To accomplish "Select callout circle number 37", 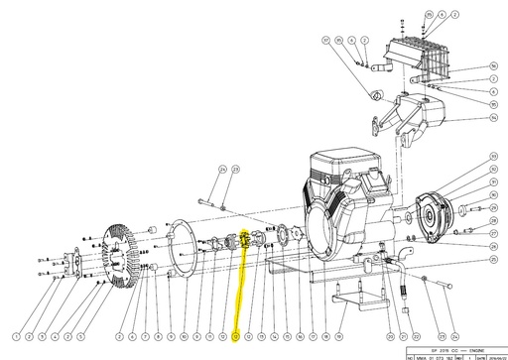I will pyautogui.click(x=324, y=42).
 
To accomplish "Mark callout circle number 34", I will pyautogui.click(x=493, y=116).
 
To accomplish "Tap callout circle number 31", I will pyautogui.click(x=493, y=182).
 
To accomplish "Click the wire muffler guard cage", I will pyautogui.click(x=427, y=60).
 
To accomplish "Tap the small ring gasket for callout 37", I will pyautogui.click(x=376, y=95).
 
